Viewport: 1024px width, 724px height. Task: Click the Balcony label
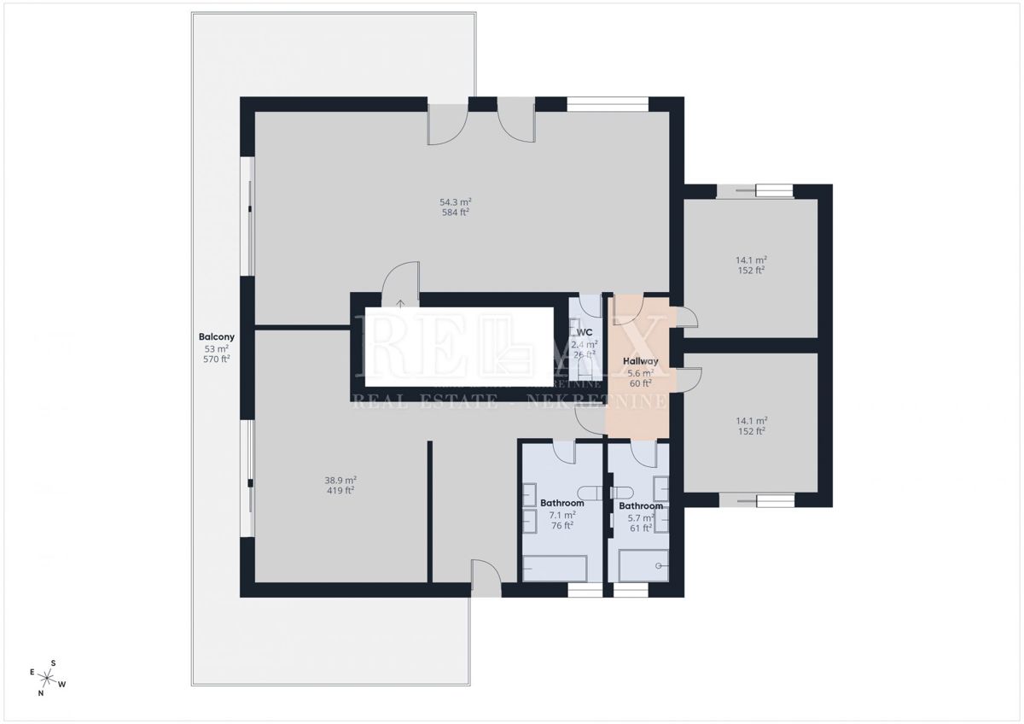[216, 336]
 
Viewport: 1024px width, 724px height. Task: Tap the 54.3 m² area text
[456, 202]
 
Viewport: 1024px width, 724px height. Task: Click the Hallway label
[640, 361]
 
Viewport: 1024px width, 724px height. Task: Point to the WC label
[585, 332]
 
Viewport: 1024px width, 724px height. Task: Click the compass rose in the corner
[48, 677]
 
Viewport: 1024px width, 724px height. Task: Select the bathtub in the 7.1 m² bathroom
[554, 568]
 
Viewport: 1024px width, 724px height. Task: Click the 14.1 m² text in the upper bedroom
[751, 260]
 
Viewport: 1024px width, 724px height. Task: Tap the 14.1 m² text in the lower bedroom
[751, 420]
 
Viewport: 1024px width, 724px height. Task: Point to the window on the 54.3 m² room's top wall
[608, 104]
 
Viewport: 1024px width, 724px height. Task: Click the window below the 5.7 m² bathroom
[631, 590]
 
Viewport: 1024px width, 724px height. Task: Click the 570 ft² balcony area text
[216, 359]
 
